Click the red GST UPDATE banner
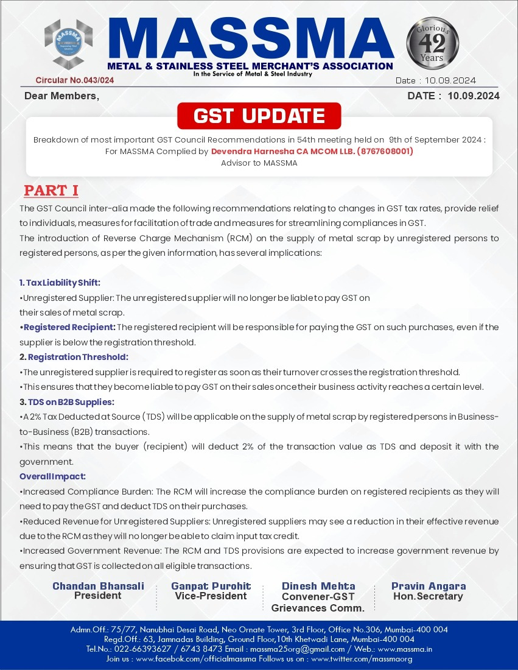259,116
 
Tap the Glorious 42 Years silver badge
433,44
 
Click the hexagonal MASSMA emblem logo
69,44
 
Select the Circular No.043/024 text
75,80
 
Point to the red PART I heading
51,191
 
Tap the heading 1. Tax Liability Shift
60,283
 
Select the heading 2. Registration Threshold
74,357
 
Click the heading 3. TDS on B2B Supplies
67,402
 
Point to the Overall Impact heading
52,476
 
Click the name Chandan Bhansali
98,586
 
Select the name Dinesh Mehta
318,586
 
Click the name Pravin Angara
429,586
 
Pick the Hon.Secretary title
429,596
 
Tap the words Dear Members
61,96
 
